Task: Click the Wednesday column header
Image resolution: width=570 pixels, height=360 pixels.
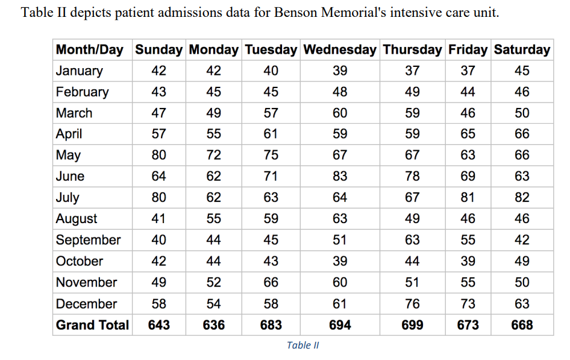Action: (340, 50)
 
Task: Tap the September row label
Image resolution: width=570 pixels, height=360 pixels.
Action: (88, 240)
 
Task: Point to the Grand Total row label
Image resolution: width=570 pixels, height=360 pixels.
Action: (92, 325)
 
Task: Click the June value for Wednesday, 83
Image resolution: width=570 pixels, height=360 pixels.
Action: (340, 177)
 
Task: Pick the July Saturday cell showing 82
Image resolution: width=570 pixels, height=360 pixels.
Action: (522, 198)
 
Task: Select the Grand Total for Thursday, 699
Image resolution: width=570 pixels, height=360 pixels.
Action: (412, 325)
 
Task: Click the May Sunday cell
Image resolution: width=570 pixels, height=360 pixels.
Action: (159, 156)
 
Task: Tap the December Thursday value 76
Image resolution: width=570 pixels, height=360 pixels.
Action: (412, 304)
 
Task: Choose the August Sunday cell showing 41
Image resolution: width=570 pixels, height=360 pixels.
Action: (159, 219)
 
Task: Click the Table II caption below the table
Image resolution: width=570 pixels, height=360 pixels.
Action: (303, 346)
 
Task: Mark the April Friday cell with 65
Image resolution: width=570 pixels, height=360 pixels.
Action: (468, 134)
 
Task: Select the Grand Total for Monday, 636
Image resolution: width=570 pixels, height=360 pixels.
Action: (213, 325)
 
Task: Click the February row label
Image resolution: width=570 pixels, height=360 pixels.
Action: (83, 92)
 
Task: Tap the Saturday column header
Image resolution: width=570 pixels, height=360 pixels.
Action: (522, 50)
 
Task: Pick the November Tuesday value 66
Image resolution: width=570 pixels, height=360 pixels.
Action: (271, 283)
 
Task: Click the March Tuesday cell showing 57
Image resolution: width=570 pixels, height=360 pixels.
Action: (271, 113)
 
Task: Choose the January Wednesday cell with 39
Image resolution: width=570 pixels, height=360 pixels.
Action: (340, 71)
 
